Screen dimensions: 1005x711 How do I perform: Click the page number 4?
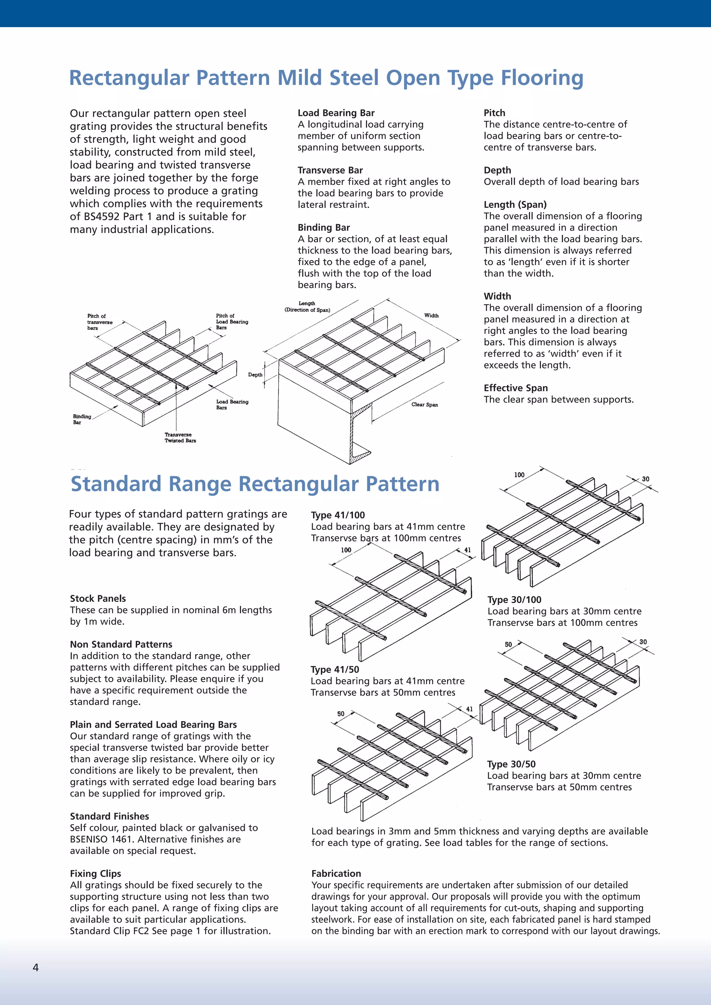point(35,968)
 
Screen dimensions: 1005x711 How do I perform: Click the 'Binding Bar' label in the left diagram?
point(82,419)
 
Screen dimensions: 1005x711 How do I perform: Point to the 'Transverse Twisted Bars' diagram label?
point(180,438)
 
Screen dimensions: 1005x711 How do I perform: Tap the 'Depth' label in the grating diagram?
point(255,375)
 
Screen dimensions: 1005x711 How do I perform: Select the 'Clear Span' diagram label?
point(424,404)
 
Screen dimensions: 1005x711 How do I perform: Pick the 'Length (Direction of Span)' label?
point(307,306)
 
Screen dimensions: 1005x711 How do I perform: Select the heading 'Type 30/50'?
point(511,764)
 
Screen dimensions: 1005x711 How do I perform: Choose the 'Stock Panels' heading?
point(98,598)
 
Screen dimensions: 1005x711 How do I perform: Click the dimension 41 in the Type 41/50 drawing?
point(469,709)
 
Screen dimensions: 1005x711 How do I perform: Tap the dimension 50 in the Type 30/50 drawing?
point(508,644)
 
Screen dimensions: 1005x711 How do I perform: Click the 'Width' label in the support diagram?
point(431,315)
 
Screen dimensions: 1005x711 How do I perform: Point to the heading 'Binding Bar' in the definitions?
point(324,228)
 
